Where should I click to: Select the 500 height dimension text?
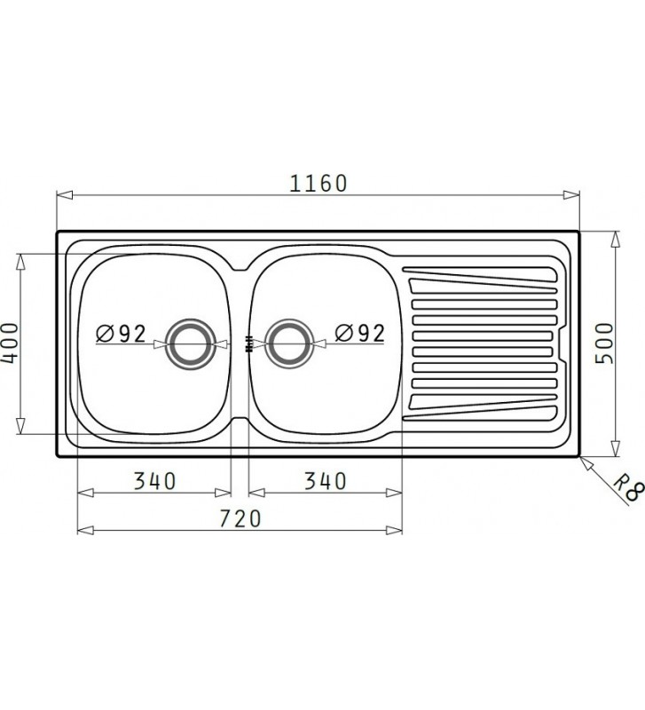(x=604, y=342)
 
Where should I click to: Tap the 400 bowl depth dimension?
(x=10, y=343)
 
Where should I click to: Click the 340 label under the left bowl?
(x=155, y=481)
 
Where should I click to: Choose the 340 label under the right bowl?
(x=324, y=481)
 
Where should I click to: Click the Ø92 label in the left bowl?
(x=121, y=334)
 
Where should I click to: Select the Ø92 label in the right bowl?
(x=360, y=334)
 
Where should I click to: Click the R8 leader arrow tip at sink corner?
(x=579, y=458)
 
